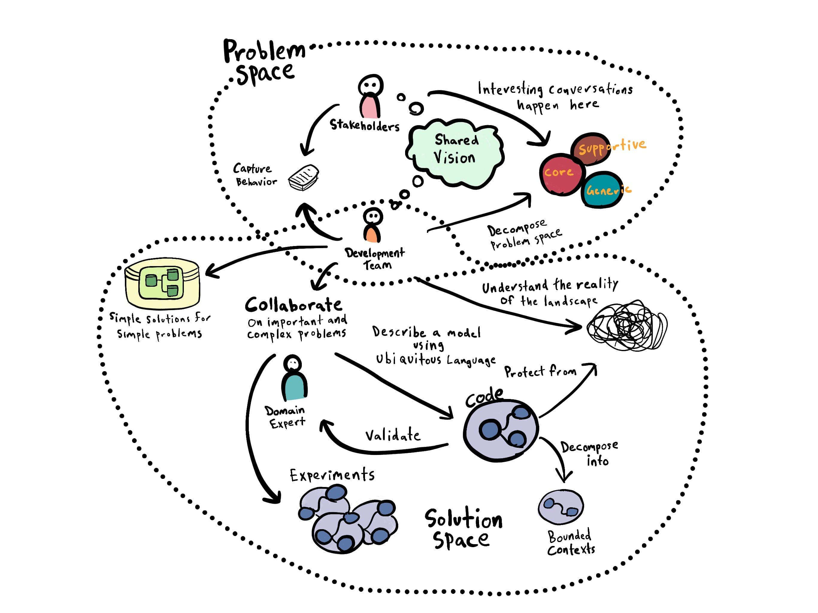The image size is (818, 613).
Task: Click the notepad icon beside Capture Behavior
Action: pos(304,178)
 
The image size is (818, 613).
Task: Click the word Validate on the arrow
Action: pos(393,435)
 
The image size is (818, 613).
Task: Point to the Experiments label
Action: pos(332,475)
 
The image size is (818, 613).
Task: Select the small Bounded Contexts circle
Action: pos(561,507)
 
